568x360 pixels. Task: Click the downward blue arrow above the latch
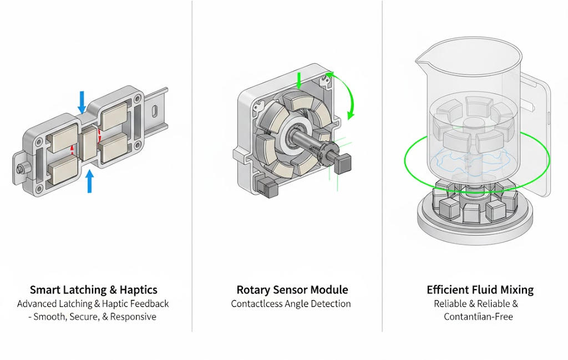point(82,102)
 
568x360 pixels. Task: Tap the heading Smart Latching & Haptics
point(94,290)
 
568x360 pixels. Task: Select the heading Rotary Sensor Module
point(292,290)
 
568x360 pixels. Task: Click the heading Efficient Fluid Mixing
point(480,290)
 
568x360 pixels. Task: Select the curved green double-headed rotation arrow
point(344,94)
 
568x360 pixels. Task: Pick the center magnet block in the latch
point(88,144)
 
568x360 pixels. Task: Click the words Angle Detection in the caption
point(322,304)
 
